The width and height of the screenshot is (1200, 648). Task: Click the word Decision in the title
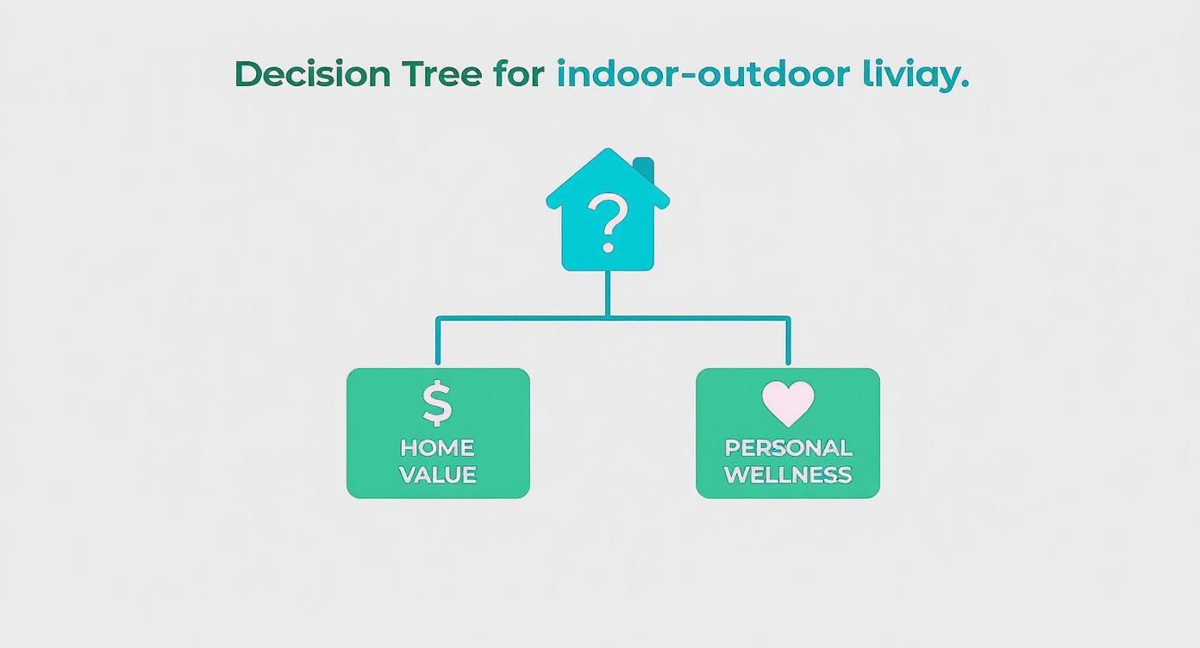[312, 74]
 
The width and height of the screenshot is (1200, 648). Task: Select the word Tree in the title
[441, 74]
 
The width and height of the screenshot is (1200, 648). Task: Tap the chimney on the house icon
[643, 168]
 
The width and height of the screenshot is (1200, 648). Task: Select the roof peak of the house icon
[608, 153]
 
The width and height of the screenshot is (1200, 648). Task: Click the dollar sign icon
[437, 403]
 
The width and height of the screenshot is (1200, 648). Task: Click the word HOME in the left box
[437, 448]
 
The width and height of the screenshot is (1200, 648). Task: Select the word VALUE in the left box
[437, 475]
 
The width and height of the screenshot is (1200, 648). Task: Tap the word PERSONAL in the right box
[788, 448]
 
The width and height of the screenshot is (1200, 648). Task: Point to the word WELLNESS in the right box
[788, 475]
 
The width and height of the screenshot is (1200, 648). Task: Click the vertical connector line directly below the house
[608, 293]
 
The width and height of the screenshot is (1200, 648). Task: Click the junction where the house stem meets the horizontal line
[608, 317]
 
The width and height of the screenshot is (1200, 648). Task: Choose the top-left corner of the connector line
[438, 318]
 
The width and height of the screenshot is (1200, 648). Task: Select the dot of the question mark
[608, 247]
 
